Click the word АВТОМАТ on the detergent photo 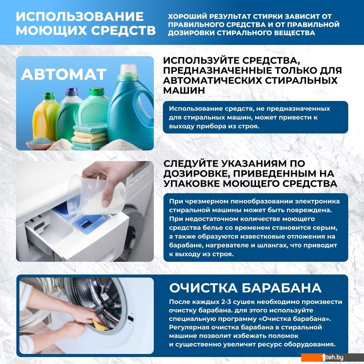pyautogui.click(x=64, y=74)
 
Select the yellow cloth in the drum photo pyautogui.click(x=100, y=325)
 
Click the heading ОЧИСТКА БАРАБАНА pyautogui.click(x=245, y=288)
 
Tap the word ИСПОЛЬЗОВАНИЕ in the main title pyautogui.click(x=79, y=17)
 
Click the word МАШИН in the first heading pyautogui.click(x=184, y=90)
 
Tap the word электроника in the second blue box pyautogui.click(x=317, y=202)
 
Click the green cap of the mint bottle pyautogui.click(x=97, y=91)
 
